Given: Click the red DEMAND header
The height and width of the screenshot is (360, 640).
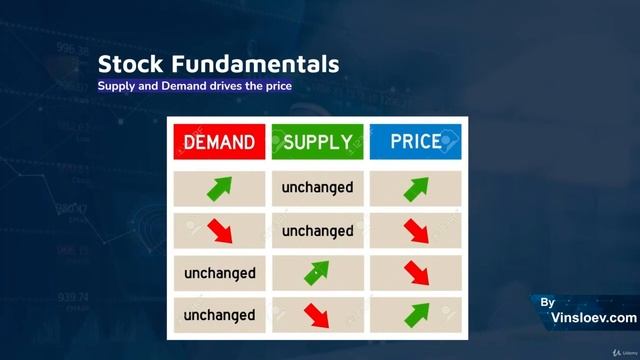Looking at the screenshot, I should click(219, 142).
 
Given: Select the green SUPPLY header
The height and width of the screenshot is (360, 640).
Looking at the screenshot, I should click(317, 142).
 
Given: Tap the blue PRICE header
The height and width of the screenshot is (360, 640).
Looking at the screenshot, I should click(415, 142).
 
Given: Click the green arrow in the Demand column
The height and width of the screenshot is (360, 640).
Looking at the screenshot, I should click(219, 188).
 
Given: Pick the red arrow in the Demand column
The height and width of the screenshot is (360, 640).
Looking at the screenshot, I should click(219, 231).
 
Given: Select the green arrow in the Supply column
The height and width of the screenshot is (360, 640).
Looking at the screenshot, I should click(317, 273).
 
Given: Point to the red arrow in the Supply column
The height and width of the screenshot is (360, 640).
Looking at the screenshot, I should click(317, 315).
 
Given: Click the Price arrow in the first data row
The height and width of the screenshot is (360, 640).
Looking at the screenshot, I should click(415, 188).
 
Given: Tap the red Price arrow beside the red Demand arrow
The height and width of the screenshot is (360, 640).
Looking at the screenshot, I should click(415, 231).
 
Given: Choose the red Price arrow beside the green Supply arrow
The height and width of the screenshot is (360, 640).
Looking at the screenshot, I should click(415, 273).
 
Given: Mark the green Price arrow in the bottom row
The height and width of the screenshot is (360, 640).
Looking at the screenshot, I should click(415, 315).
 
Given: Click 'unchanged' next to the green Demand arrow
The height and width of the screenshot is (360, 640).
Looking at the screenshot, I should click(317, 188).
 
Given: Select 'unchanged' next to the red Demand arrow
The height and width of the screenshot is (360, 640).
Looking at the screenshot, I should click(317, 231).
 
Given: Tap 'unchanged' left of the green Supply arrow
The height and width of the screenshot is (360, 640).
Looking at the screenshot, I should click(219, 273).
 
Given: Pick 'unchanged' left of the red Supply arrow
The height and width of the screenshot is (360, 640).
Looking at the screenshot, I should click(219, 315).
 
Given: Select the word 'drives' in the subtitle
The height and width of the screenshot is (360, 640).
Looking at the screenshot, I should click(224, 87).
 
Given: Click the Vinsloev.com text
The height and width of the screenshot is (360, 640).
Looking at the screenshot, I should click(593, 318).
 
